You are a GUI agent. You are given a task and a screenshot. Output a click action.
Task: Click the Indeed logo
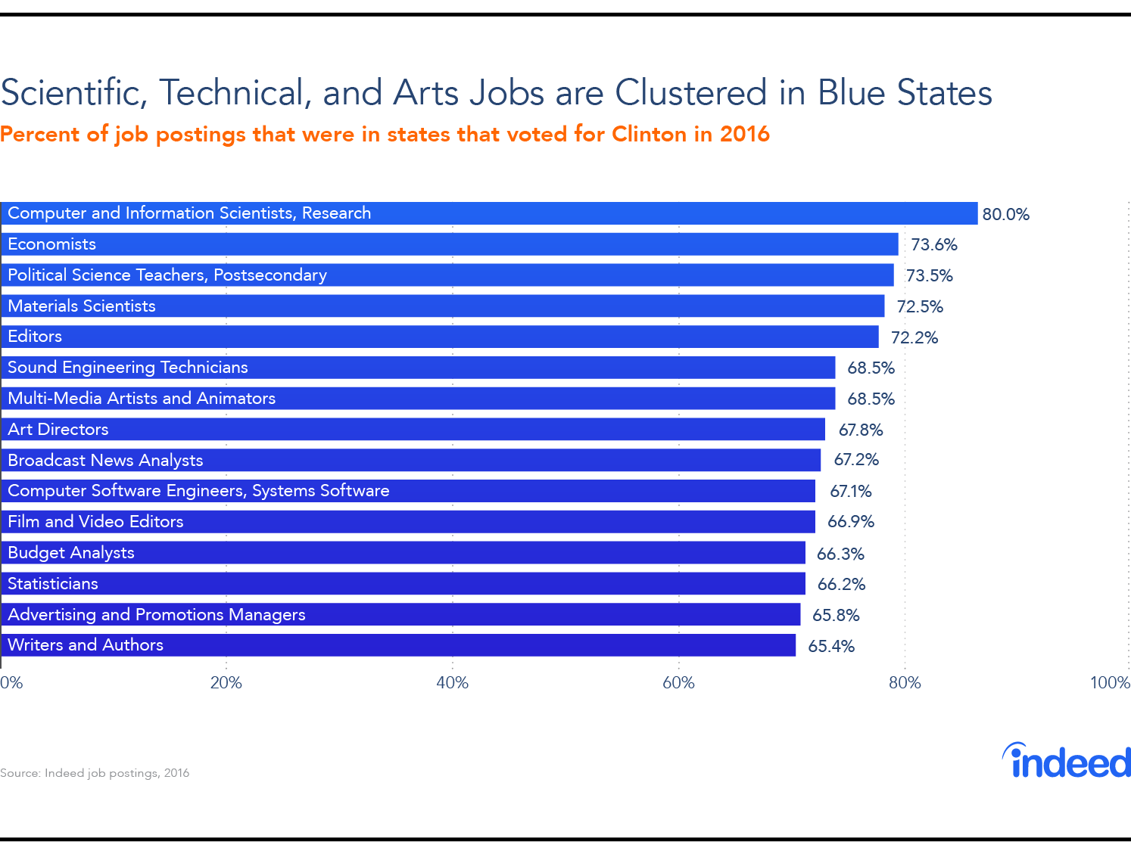click(x=1067, y=761)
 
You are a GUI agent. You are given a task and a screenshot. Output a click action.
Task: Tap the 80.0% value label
click(x=1005, y=214)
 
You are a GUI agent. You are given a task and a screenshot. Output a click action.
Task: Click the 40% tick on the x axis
click(x=452, y=683)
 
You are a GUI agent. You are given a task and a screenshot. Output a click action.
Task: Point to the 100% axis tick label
click(x=1109, y=683)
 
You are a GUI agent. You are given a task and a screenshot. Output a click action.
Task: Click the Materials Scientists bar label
click(x=82, y=306)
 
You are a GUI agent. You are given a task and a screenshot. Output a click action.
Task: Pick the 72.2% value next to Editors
click(x=914, y=337)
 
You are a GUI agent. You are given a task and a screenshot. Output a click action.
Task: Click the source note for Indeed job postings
click(x=95, y=773)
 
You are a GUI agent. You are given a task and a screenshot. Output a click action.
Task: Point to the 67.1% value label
click(x=850, y=492)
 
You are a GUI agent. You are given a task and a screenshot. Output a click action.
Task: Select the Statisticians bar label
click(x=53, y=584)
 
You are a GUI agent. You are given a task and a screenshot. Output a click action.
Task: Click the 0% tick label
click(x=11, y=683)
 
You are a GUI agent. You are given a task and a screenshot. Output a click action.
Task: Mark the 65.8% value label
click(x=836, y=616)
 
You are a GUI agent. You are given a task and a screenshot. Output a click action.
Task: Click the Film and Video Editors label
click(x=95, y=522)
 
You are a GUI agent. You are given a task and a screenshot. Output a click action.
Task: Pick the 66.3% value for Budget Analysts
click(x=840, y=554)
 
